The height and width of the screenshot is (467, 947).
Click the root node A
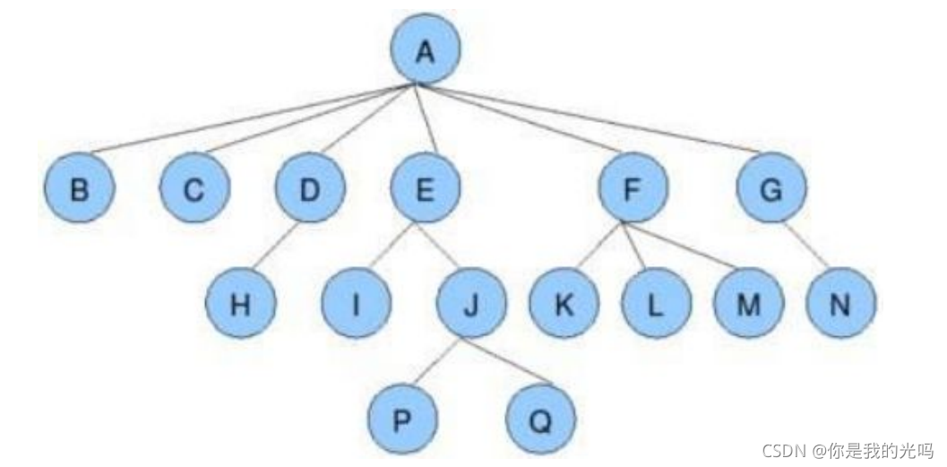coord(426,49)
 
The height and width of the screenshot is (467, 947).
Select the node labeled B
coord(79,187)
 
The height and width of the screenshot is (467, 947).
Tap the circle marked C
coord(194,187)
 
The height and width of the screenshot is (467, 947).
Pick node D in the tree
coord(310,187)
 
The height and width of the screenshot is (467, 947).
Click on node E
coord(426,187)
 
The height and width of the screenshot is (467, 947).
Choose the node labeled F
coord(633,187)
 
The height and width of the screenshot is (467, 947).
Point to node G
coord(771,187)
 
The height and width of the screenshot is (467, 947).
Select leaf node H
coord(240,303)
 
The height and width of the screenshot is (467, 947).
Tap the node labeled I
coord(356,303)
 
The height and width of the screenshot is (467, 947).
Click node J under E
coord(471,303)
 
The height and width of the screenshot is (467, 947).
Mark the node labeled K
coord(564,303)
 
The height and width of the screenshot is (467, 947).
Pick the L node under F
coord(657,303)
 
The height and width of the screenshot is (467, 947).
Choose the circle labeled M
coord(748,303)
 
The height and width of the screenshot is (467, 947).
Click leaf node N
coord(840,303)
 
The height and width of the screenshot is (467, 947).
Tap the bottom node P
coord(402,418)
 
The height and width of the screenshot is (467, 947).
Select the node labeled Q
coord(540,418)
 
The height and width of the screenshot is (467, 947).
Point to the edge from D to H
coord(275,245)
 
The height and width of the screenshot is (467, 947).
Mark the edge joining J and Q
coord(508,360)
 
